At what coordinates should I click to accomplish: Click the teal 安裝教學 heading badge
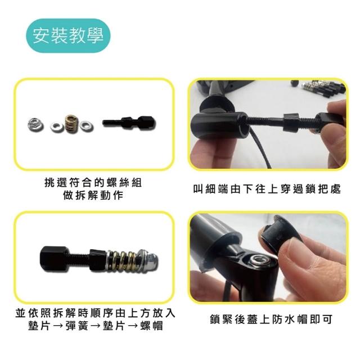(x=68, y=35)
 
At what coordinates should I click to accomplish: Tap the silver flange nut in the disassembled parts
(x=35, y=125)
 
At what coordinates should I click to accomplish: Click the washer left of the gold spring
(x=57, y=127)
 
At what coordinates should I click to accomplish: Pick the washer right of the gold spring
(x=87, y=125)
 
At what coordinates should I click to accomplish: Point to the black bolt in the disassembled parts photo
(x=129, y=123)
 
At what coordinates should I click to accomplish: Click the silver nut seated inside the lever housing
(x=260, y=260)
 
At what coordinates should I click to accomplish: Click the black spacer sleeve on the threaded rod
(x=290, y=123)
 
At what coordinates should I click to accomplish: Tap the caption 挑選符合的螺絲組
(x=93, y=183)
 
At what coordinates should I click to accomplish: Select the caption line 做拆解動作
(x=93, y=196)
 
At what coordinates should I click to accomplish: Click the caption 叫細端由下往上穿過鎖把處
(x=267, y=189)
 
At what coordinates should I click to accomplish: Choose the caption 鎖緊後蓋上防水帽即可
(x=271, y=319)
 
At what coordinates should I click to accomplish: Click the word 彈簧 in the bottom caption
(x=77, y=326)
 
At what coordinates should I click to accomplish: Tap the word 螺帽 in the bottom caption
(x=151, y=326)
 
